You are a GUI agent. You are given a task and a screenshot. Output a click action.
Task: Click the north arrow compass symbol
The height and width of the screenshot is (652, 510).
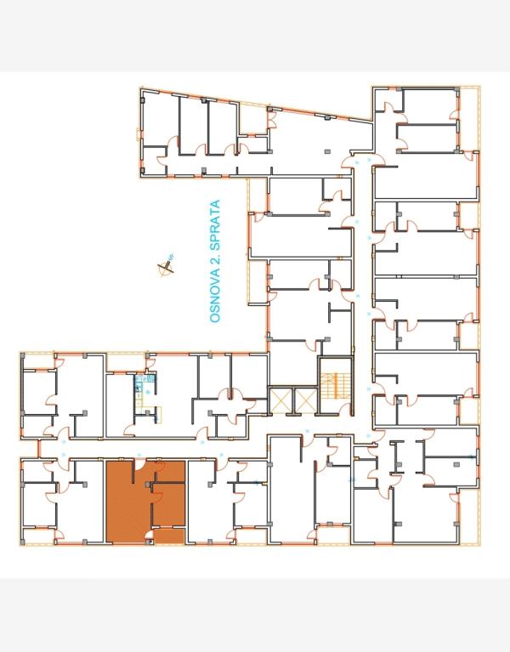tap(167, 267)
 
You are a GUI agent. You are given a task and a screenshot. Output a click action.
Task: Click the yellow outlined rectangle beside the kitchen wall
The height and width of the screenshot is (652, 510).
tap(158, 411)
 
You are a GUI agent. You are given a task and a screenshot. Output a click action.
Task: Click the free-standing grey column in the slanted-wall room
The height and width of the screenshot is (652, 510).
tap(328, 151)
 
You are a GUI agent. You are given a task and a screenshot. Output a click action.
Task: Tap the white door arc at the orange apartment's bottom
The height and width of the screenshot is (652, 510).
tap(150, 536)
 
